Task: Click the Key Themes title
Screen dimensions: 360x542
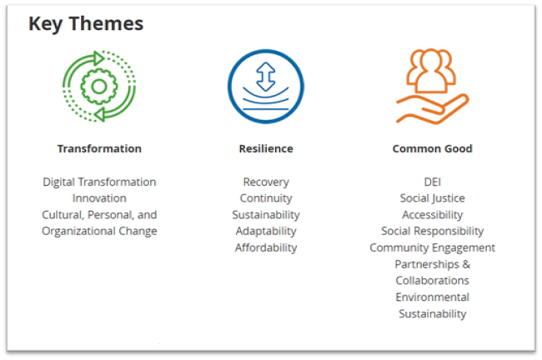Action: click(86, 24)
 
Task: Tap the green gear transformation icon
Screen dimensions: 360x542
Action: click(99, 86)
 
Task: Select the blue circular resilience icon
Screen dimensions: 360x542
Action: click(266, 86)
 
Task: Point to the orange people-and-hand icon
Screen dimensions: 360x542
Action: click(432, 87)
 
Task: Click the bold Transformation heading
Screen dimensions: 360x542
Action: click(99, 148)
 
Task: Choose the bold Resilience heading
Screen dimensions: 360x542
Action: click(266, 148)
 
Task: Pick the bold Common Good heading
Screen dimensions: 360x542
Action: click(432, 148)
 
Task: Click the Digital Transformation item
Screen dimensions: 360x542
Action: click(99, 182)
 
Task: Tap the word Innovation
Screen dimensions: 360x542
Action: click(99, 198)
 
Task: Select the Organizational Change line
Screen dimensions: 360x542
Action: click(99, 231)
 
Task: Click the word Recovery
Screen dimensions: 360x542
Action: click(266, 182)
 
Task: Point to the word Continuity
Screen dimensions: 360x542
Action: click(266, 198)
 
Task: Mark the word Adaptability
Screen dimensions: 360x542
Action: click(266, 231)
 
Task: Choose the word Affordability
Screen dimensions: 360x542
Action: click(266, 247)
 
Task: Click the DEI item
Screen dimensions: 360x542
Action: click(432, 182)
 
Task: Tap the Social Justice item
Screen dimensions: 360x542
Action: click(432, 198)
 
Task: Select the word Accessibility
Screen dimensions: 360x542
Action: click(432, 214)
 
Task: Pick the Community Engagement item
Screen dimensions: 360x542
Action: click(432, 247)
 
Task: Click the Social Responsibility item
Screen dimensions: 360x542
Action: click(432, 231)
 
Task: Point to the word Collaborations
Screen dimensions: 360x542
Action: click(432, 281)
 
